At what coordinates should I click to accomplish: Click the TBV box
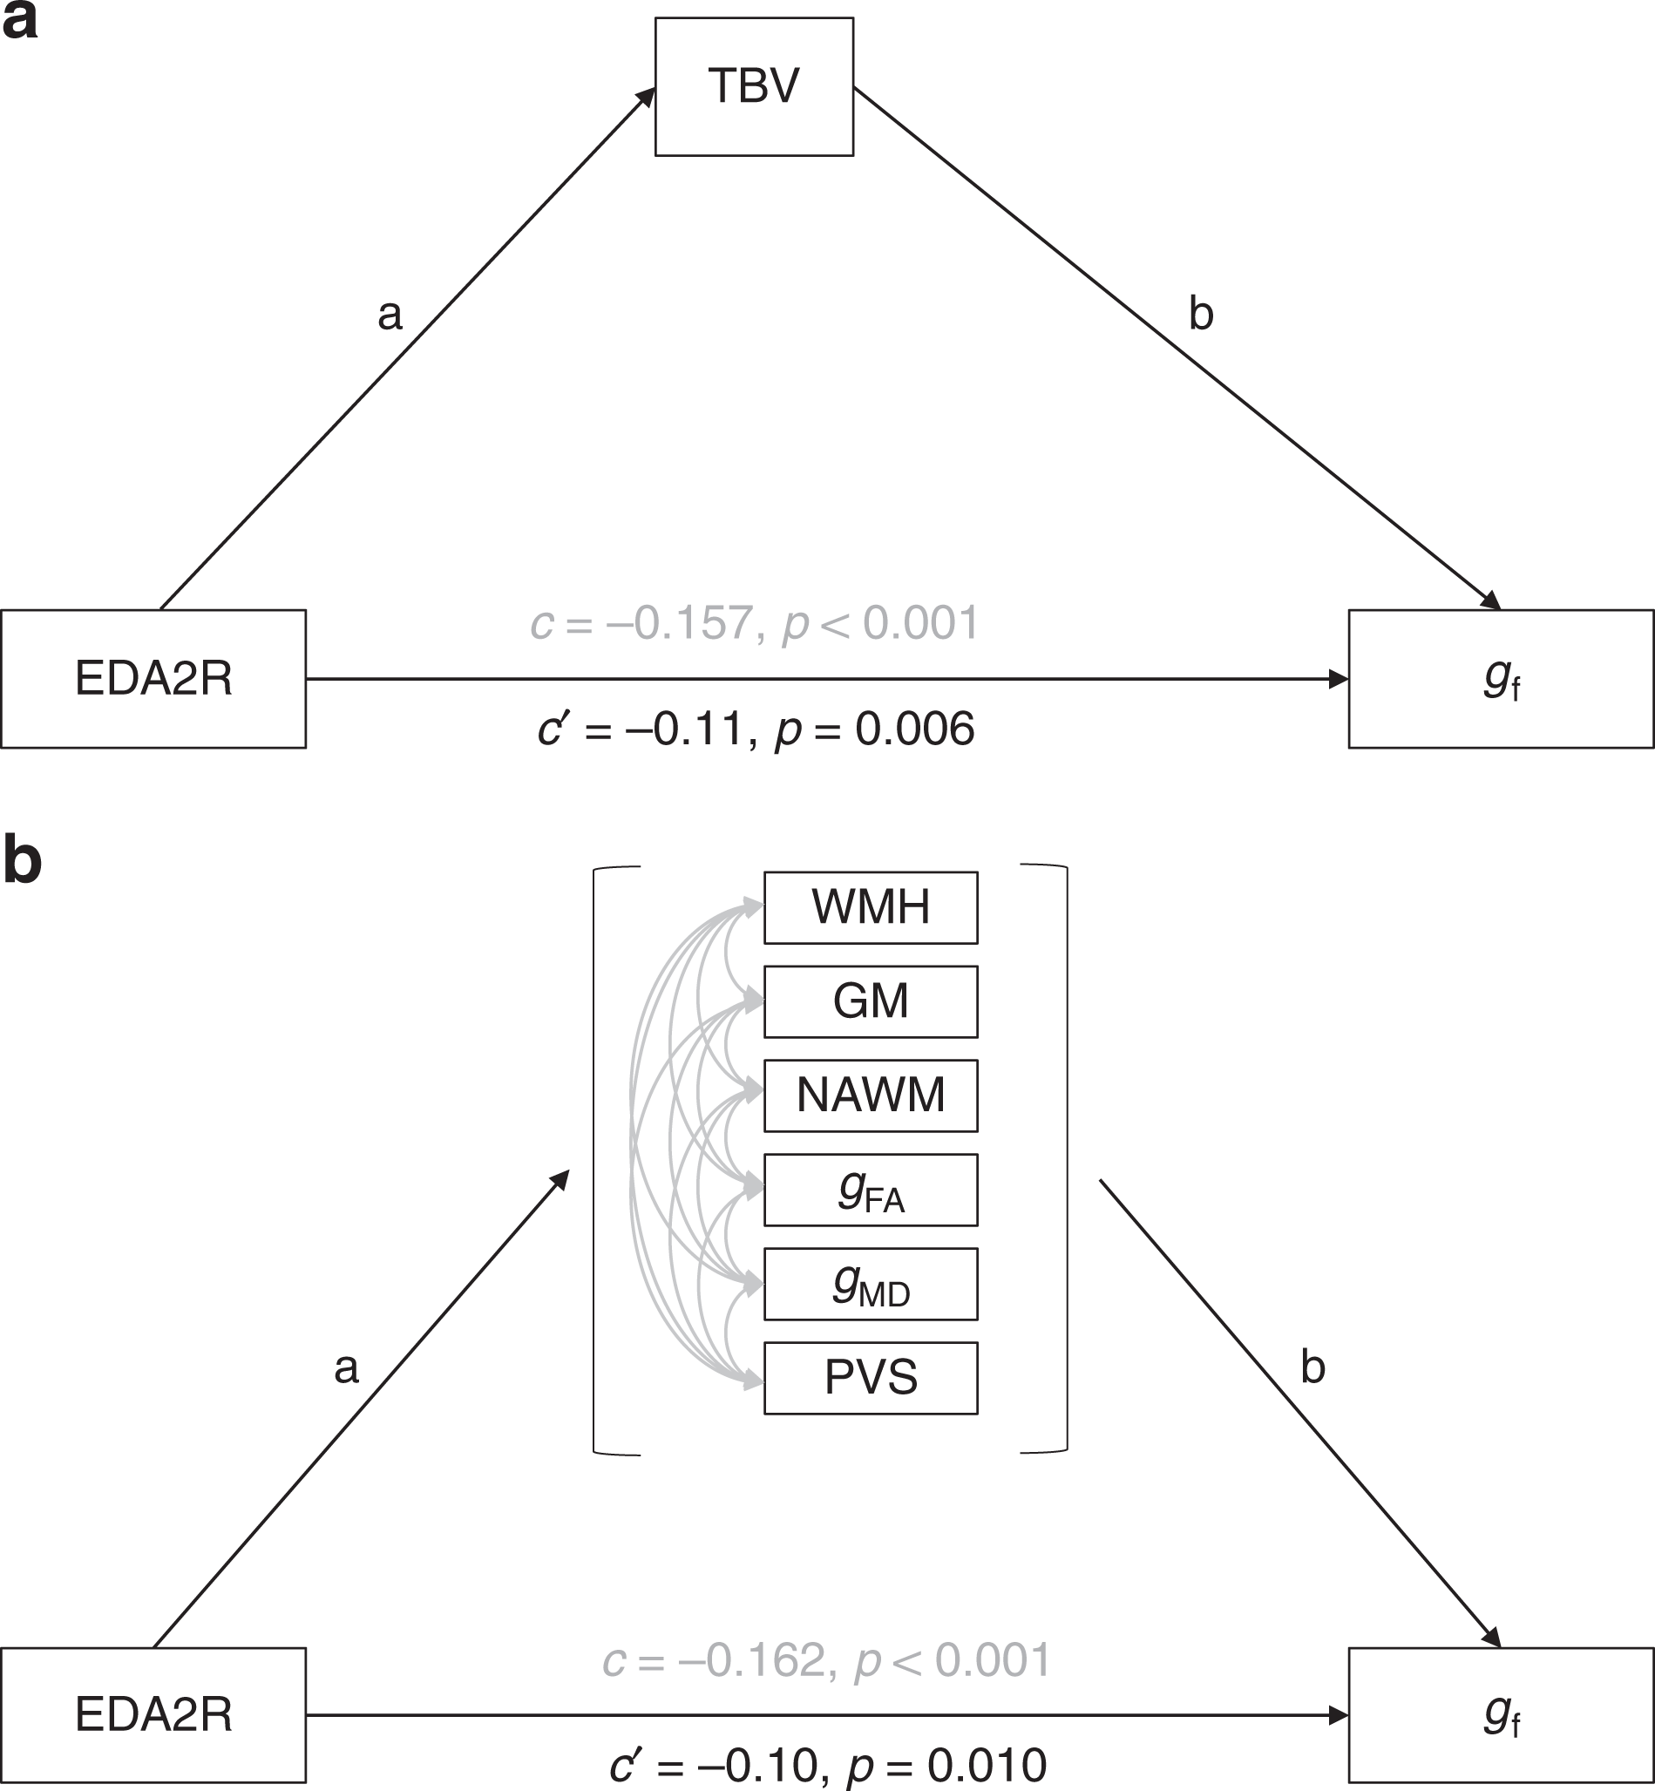coord(754,87)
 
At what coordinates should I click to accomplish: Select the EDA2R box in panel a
coord(153,679)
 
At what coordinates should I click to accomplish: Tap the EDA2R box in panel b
coord(153,1714)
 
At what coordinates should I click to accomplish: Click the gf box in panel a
coord(1501,679)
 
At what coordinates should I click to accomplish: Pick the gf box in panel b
coord(1501,1714)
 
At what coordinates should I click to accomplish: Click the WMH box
coord(871,907)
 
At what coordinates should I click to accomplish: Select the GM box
coord(871,1001)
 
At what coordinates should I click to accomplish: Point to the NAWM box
coord(871,1096)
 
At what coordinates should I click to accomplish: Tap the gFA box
coord(871,1190)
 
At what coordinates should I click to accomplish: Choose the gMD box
coord(871,1283)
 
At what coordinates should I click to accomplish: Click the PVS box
coord(871,1377)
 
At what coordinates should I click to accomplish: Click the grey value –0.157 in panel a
coord(679,623)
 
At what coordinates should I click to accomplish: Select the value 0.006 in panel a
coord(914,729)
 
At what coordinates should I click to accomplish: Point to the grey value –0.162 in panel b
coord(751,1660)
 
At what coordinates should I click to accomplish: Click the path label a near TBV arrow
coord(390,315)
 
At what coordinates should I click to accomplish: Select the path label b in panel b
coord(1312,1367)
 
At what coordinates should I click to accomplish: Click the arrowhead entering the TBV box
coord(647,96)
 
